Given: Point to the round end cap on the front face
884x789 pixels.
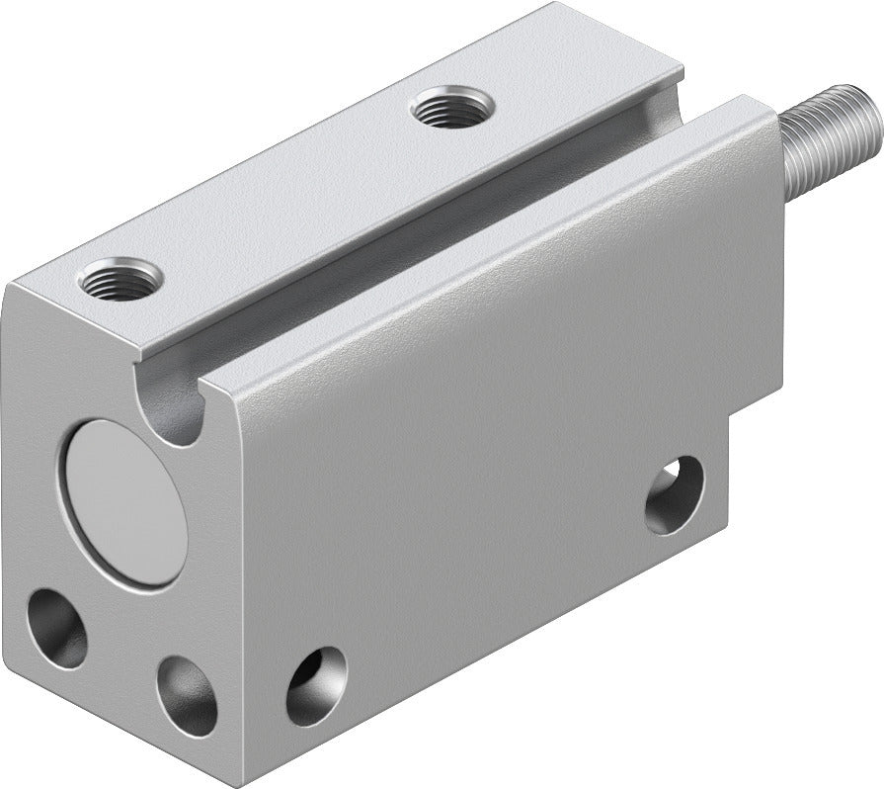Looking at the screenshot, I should (x=124, y=502).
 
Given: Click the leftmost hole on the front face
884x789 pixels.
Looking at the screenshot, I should (x=56, y=628).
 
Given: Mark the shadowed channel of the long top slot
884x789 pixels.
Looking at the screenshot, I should (x=415, y=247).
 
